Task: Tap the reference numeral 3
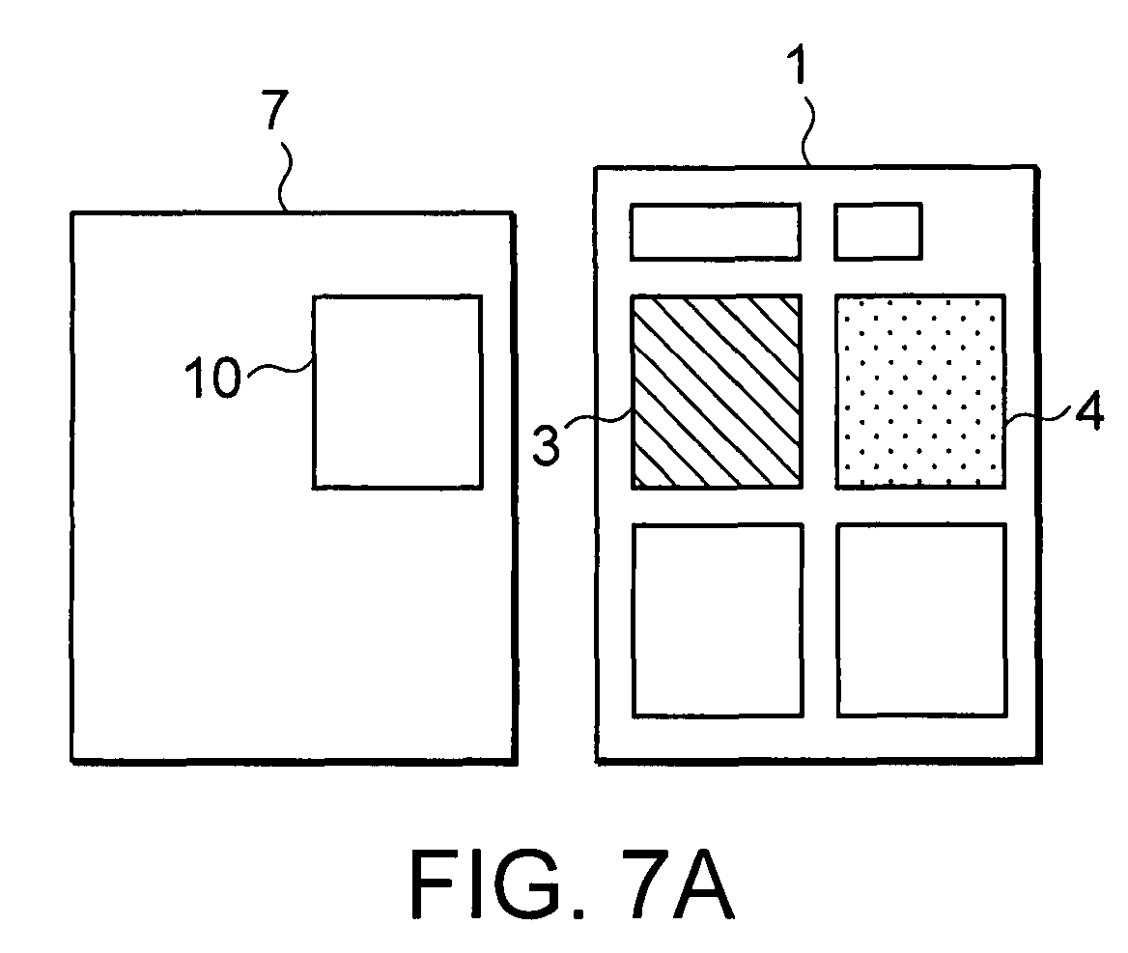tap(546, 444)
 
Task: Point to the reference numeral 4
tap(1089, 412)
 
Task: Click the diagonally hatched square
tap(717, 392)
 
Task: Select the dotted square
tap(920, 392)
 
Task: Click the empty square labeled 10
tap(397, 392)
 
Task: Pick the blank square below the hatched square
tap(718, 621)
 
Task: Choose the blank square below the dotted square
tap(921, 621)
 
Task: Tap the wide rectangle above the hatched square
tap(715, 232)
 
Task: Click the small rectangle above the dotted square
tap(879, 232)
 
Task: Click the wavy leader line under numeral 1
tap(808, 128)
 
